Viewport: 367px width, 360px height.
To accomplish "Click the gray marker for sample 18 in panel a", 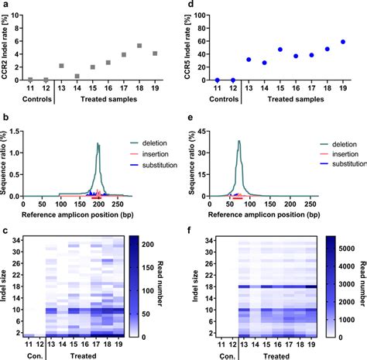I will click(139, 46).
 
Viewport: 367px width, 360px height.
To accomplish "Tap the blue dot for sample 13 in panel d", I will click(249, 60).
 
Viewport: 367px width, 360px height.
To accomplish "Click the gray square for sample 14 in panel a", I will click(77, 76).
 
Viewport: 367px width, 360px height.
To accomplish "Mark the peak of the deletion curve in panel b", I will click(98, 143).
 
